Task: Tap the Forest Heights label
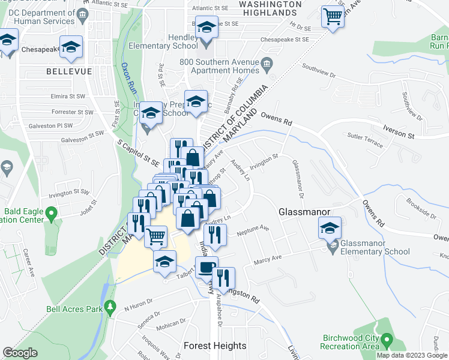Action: (x=215, y=346)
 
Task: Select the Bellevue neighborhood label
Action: (x=69, y=71)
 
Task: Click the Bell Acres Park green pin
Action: (x=110, y=307)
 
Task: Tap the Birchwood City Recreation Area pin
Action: (x=387, y=341)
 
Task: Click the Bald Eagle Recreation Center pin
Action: (x=52, y=212)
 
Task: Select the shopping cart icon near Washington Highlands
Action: (x=332, y=16)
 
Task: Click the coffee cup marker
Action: (x=206, y=267)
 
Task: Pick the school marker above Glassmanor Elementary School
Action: (x=330, y=228)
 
